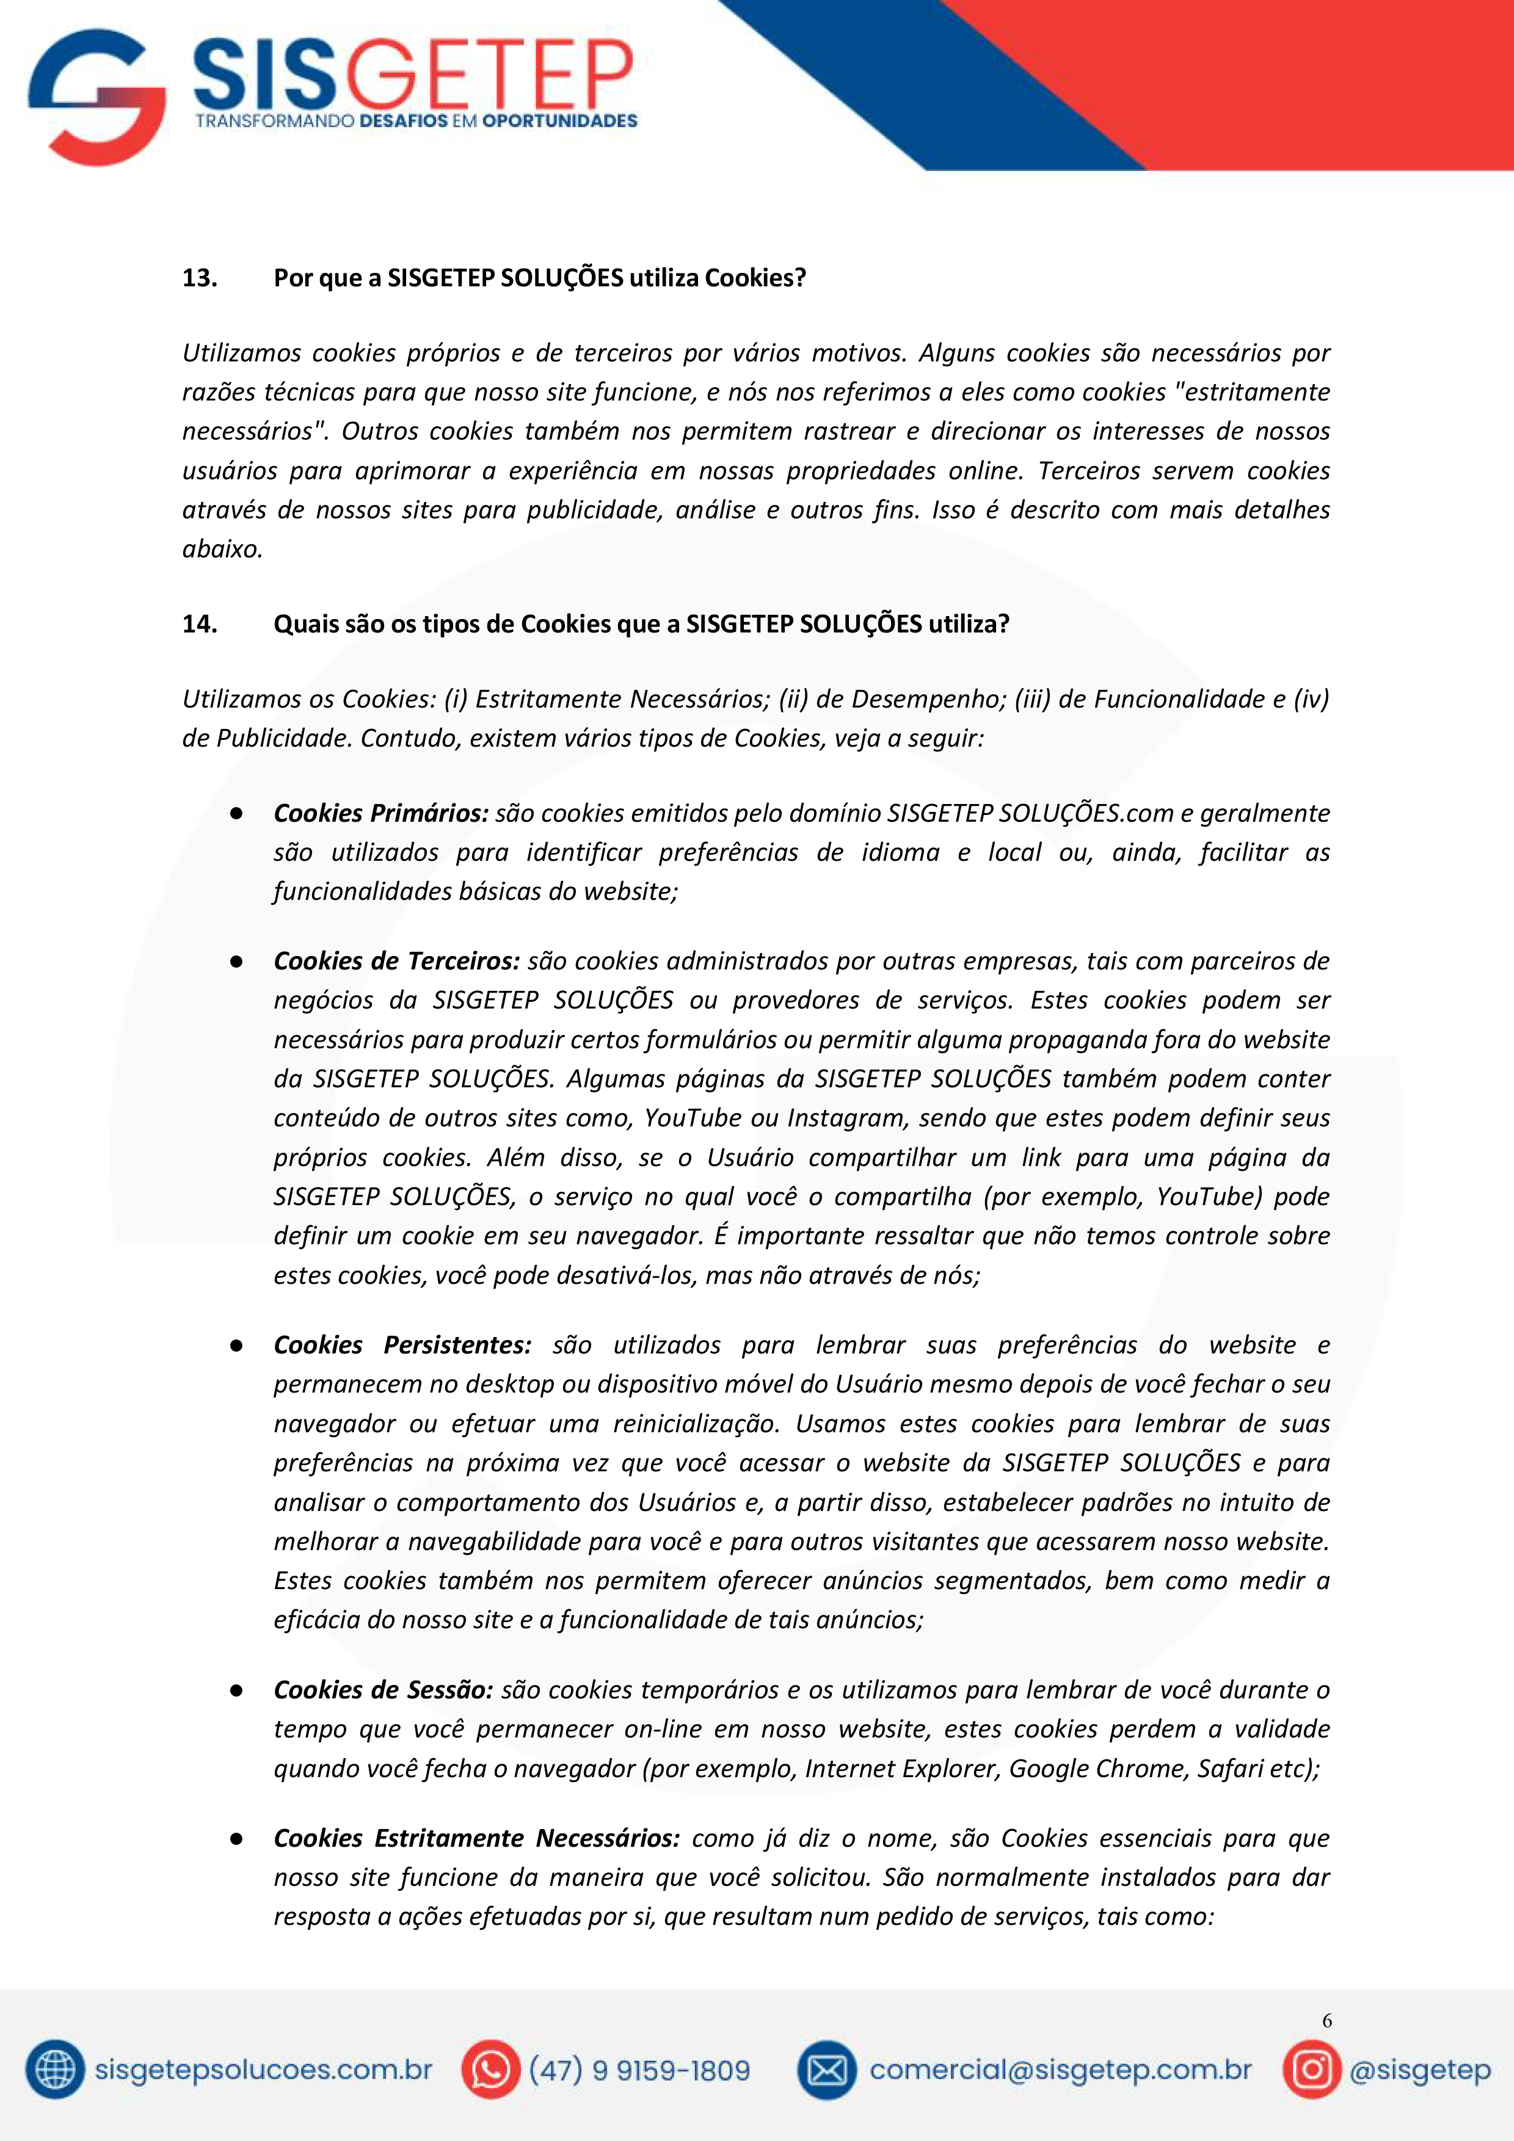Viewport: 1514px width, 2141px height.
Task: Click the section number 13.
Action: click(200, 278)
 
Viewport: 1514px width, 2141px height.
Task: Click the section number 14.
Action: click(200, 624)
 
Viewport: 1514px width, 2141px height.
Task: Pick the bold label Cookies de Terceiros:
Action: click(396, 962)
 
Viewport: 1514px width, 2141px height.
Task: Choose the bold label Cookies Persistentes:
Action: click(402, 1345)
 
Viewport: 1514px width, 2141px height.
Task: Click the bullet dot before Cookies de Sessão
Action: click(237, 1690)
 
